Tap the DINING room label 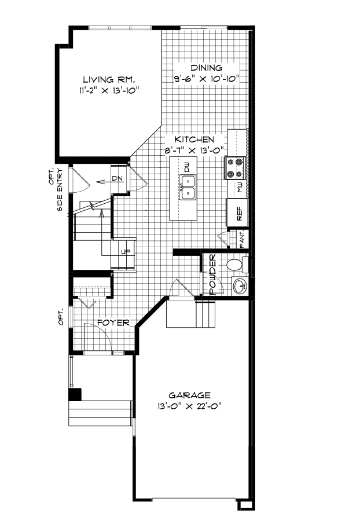207,68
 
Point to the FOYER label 113,322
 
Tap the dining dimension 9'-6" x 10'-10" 207,78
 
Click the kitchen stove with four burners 237,168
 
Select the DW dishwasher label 188,167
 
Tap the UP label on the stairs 124,252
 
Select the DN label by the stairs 116,178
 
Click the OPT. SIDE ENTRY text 56,188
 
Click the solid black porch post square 75,394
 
